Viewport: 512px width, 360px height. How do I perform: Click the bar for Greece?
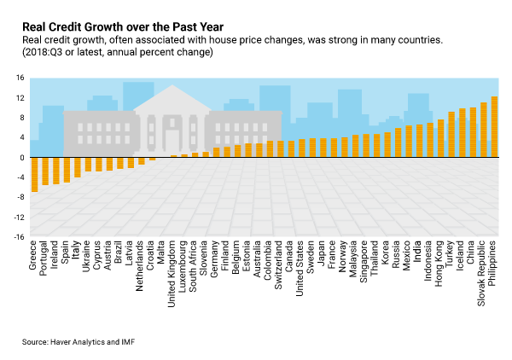pyautogui.click(x=34, y=174)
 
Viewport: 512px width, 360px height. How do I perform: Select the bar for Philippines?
pyautogui.click(x=495, y=127)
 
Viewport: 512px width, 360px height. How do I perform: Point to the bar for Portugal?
pyautogui.click(x=45, y=171)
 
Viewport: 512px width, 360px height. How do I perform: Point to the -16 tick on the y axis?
pyautogui.click(x=18, y=237)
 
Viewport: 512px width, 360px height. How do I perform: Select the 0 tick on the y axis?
pyautogui.click(x=21, y=158)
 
